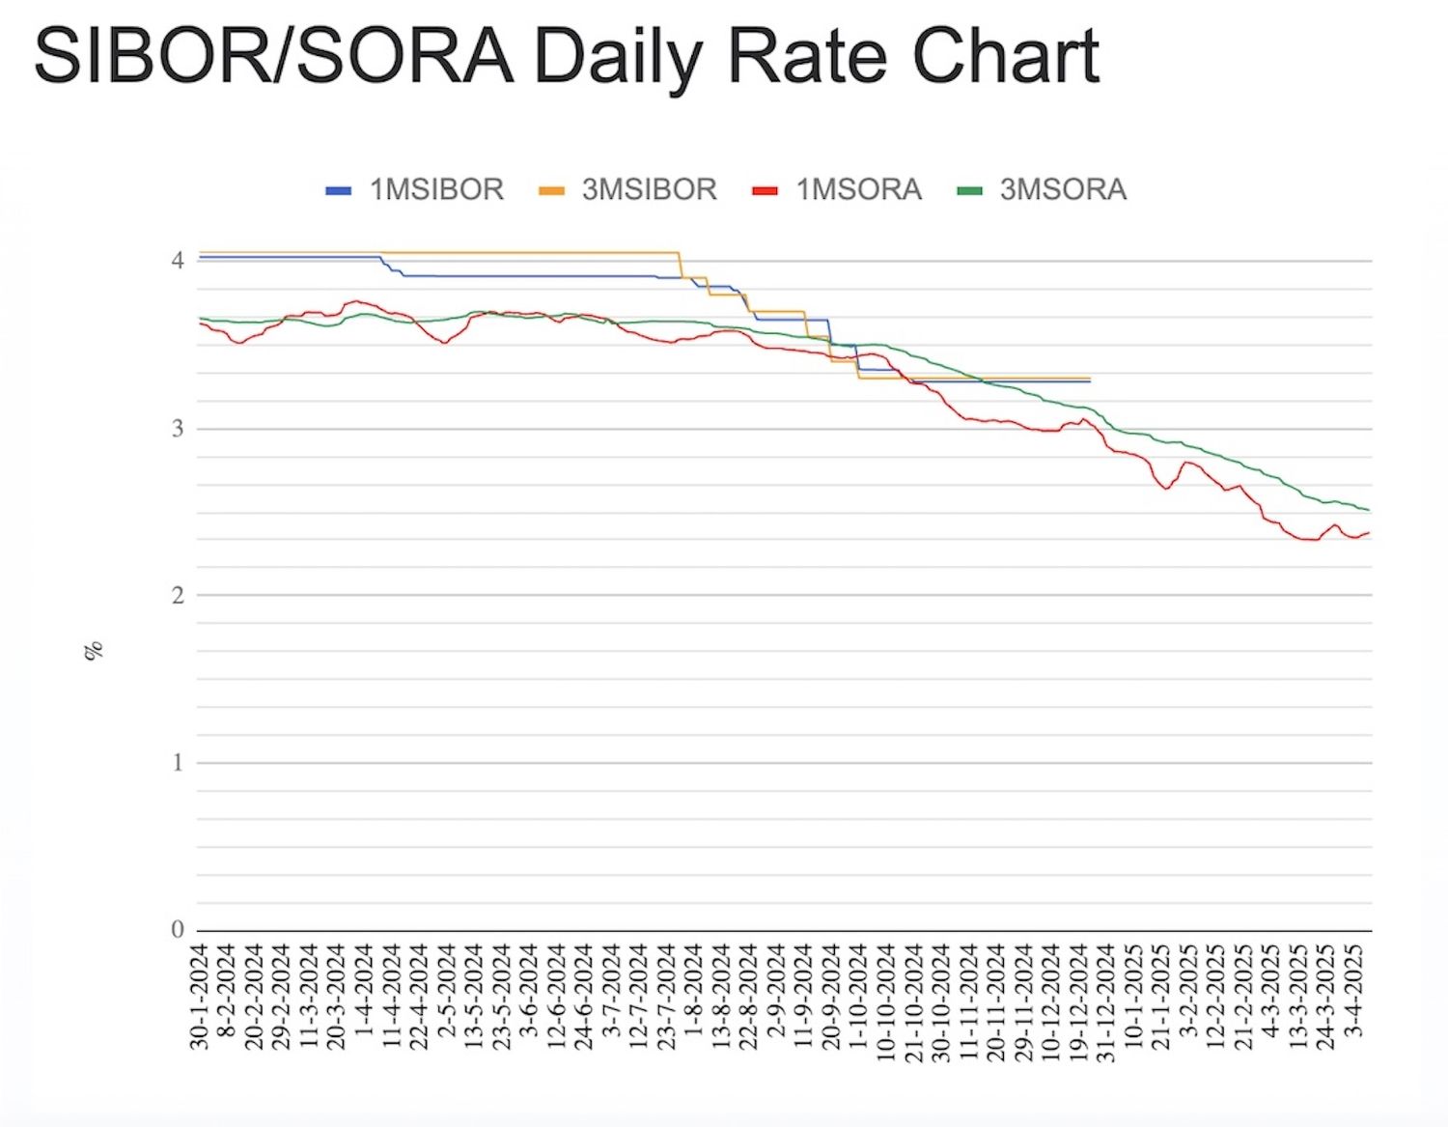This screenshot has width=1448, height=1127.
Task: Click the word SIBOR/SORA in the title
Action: [273, 56]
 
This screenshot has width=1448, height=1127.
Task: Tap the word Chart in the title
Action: [1006, 56]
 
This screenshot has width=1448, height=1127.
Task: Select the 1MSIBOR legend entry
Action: [436, 189]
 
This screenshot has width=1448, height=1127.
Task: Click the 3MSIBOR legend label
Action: [649, 189]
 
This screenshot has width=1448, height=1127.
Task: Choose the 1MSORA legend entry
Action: [858, 189]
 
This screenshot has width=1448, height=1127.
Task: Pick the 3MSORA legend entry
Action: [1063, 189]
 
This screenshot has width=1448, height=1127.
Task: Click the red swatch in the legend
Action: [765, 190]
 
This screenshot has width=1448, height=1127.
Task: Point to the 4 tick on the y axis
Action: [178, 261]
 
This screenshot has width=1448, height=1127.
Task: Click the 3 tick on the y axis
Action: [178, 429]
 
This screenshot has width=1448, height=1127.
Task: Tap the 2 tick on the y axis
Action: [178, 596]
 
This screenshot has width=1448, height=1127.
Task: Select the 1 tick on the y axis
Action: [178, 763]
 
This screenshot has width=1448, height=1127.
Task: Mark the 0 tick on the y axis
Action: [178, 930]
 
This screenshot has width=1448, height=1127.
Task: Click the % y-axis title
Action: [94, 651]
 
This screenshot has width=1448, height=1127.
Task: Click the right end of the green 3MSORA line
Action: [1369, 510]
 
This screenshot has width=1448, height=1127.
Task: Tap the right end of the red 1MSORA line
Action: [1369, 533]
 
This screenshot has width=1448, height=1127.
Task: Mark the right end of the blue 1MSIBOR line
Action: [1089, 381]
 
